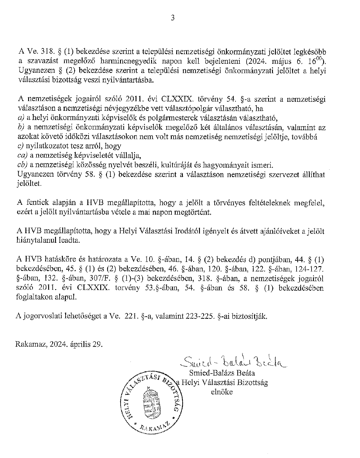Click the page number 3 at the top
pyautogui.click(x=172, y=18)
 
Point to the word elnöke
pyautogui.click(x=222, y=392)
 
